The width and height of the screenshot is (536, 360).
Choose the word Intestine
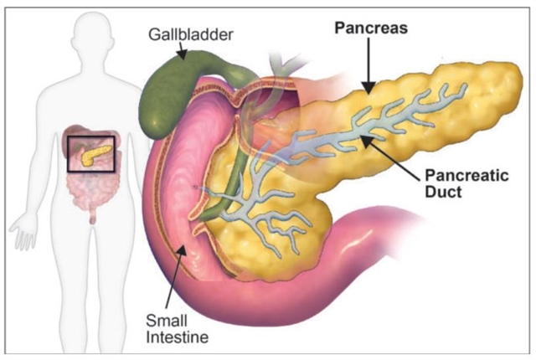(174, 337)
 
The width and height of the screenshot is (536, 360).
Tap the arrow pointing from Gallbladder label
(182, 52)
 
